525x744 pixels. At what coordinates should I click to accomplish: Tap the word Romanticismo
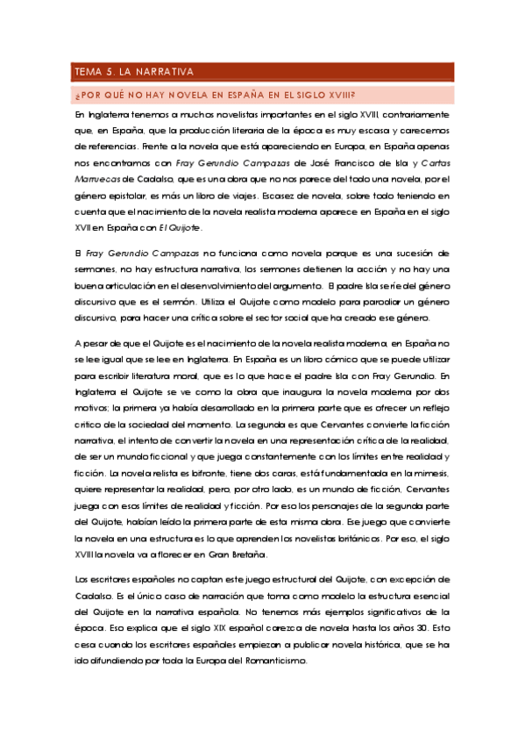[x=276, y=660]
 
